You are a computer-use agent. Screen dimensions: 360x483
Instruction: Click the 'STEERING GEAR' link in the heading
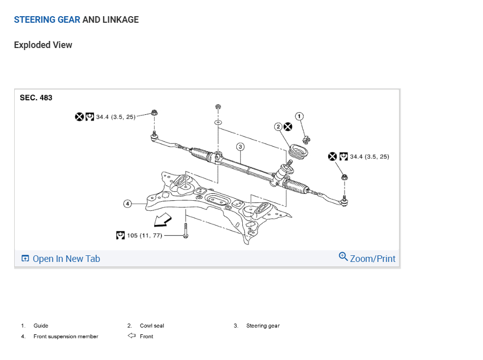(x=47, y=20)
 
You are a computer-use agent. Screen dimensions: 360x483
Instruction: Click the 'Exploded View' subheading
(x=43, y=45)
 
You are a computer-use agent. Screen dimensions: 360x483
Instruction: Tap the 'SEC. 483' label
(x=36, y=98)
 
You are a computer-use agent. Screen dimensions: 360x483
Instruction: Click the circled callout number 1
(x=299, y=117)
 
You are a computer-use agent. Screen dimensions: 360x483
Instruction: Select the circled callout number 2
(x=278, y=126)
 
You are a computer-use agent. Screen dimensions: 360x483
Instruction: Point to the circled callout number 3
(x=241, y=147)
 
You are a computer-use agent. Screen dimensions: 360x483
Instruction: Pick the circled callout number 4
(x=128, y=204)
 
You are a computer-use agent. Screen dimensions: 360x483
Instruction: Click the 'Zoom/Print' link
(x=372, y=258)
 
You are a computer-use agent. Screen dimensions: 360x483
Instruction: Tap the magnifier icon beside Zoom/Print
(x=343, y=257)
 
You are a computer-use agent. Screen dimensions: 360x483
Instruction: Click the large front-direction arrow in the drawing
(x=163, y=219)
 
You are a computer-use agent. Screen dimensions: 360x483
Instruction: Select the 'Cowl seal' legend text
(x=152, y=326)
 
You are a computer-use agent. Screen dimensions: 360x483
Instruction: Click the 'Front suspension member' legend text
(x=66, y=336)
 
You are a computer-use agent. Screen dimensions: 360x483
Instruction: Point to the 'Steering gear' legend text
(x=262, y=326)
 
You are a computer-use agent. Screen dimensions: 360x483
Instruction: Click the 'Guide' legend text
(x=41, y=326)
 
